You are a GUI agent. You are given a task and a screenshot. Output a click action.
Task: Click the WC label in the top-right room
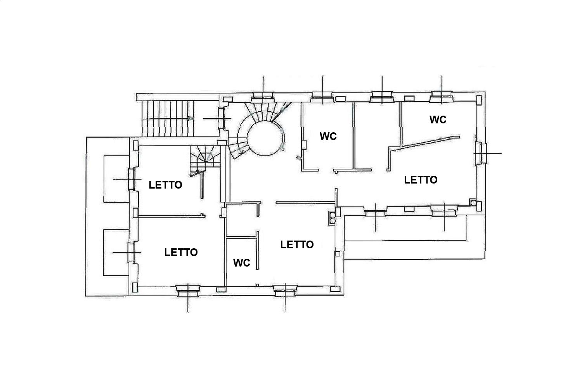(x=438, y=120)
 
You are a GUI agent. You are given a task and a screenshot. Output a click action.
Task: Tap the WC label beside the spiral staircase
(x=328, y=136)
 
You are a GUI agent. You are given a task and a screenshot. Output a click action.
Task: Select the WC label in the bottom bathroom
(x=242, y=263)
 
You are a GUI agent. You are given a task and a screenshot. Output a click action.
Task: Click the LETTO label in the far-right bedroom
(x=421, y=180)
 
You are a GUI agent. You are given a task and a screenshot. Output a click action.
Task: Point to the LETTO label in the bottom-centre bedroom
(x=297, y=244)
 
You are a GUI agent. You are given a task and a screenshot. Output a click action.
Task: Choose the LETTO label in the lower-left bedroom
(x=181, y=252)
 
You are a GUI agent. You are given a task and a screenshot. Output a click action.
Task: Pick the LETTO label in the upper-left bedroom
(x=166, y=185)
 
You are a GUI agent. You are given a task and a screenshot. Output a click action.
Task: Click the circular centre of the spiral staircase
(x=265, y=138)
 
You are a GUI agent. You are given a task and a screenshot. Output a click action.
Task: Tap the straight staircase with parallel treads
(x=168, y=118)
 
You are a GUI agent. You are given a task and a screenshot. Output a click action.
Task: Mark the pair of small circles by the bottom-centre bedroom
(x=332, y=218)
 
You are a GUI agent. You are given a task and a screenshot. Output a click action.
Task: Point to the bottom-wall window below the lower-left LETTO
(x=188, y=291)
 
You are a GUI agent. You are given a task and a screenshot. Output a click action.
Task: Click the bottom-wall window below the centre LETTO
(x=285, y=291)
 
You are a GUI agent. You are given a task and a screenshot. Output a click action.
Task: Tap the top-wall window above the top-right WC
(x=442, y=97)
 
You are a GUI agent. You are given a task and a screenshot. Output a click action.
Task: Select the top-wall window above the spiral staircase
(x=263, y=97)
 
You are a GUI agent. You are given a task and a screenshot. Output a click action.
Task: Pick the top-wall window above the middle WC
(x=322, y=97)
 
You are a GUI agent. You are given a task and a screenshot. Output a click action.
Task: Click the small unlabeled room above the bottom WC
(x=242, y=220)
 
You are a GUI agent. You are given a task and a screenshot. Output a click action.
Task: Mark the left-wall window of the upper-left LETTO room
(x=132, y=179)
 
